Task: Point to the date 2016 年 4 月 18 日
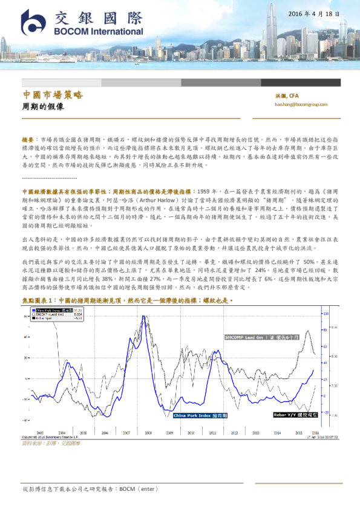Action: point(313,13)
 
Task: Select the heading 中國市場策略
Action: point(52,96)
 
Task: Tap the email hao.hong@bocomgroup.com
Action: point(301,105)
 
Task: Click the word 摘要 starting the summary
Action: point(28,138)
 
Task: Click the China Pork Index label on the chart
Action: point(200,416)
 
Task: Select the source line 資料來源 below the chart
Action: point(51,443)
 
